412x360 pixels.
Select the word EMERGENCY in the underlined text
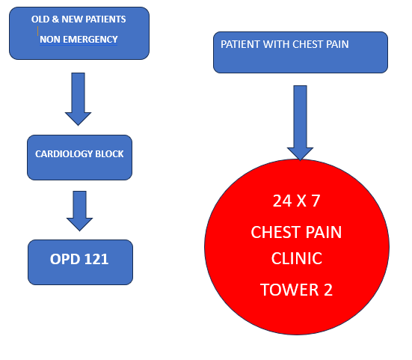pos(90,40)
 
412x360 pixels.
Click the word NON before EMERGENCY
pos(50,40)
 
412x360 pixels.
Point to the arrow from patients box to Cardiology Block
pos(78,99)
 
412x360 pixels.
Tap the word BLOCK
pos(109,154)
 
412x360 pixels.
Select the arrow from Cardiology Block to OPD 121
pos(79,211)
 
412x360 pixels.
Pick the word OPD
pos(65,259)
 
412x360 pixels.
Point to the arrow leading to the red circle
pos(300,123)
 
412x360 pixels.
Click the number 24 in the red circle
pos(282,201)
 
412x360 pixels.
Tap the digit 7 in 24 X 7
pos(316,201)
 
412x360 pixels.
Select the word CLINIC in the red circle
pos(297,258)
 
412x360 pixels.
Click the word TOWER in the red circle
pos(290,290)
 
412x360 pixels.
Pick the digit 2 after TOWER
pos(328,290)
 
